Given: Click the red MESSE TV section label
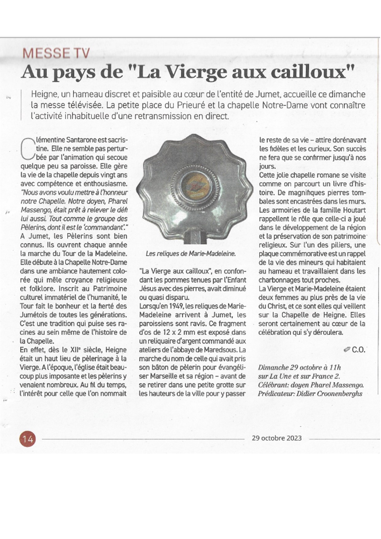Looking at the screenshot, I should [x=56, y=53].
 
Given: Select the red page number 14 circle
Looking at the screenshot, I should [x=28, y=439].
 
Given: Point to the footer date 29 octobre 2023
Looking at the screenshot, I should [x=277, y=438].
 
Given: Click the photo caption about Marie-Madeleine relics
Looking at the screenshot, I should [x=190, y=254].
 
